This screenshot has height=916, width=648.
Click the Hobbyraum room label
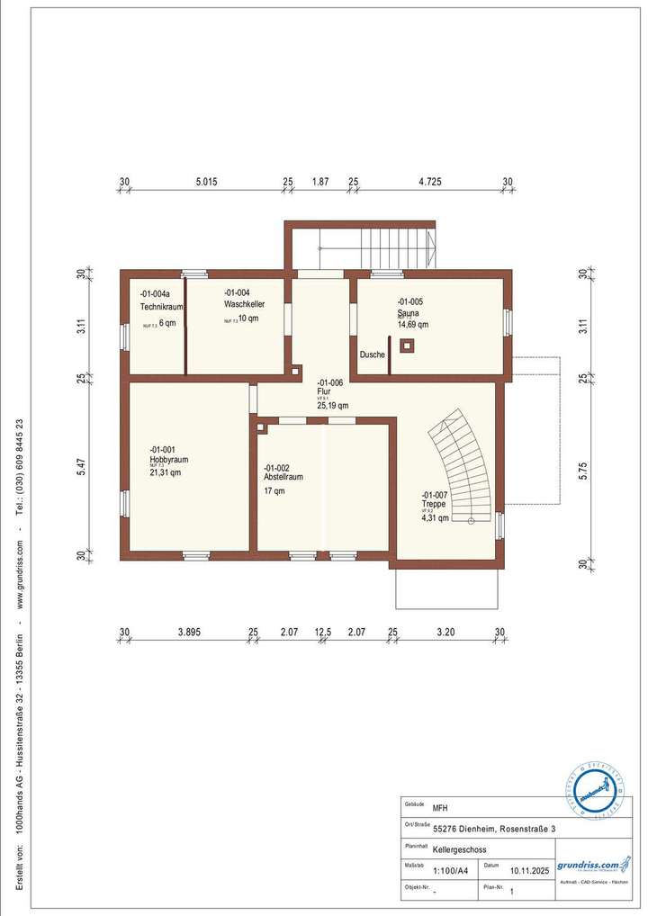point(169,459)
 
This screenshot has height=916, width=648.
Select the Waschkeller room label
point(245,304)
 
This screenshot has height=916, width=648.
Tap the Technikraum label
point(162,307)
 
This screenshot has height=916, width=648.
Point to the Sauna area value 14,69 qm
point(413,325)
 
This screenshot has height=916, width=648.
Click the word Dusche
point(373,355)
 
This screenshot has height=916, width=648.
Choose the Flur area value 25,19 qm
point(333,406)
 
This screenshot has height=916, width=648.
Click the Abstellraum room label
point(283,477)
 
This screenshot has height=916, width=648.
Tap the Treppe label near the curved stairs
point(433,504)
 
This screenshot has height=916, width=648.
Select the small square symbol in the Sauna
point(408,345)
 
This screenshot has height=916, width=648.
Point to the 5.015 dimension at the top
point(206,182)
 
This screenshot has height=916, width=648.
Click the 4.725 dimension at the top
point(430,182)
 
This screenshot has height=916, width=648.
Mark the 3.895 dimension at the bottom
point(188,633)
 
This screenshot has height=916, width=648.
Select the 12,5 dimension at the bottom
point(323,633)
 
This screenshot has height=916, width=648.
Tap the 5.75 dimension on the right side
point(582,471)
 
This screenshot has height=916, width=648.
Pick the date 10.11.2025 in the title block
point(528,870)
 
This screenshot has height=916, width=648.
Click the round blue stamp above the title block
point(595,791)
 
